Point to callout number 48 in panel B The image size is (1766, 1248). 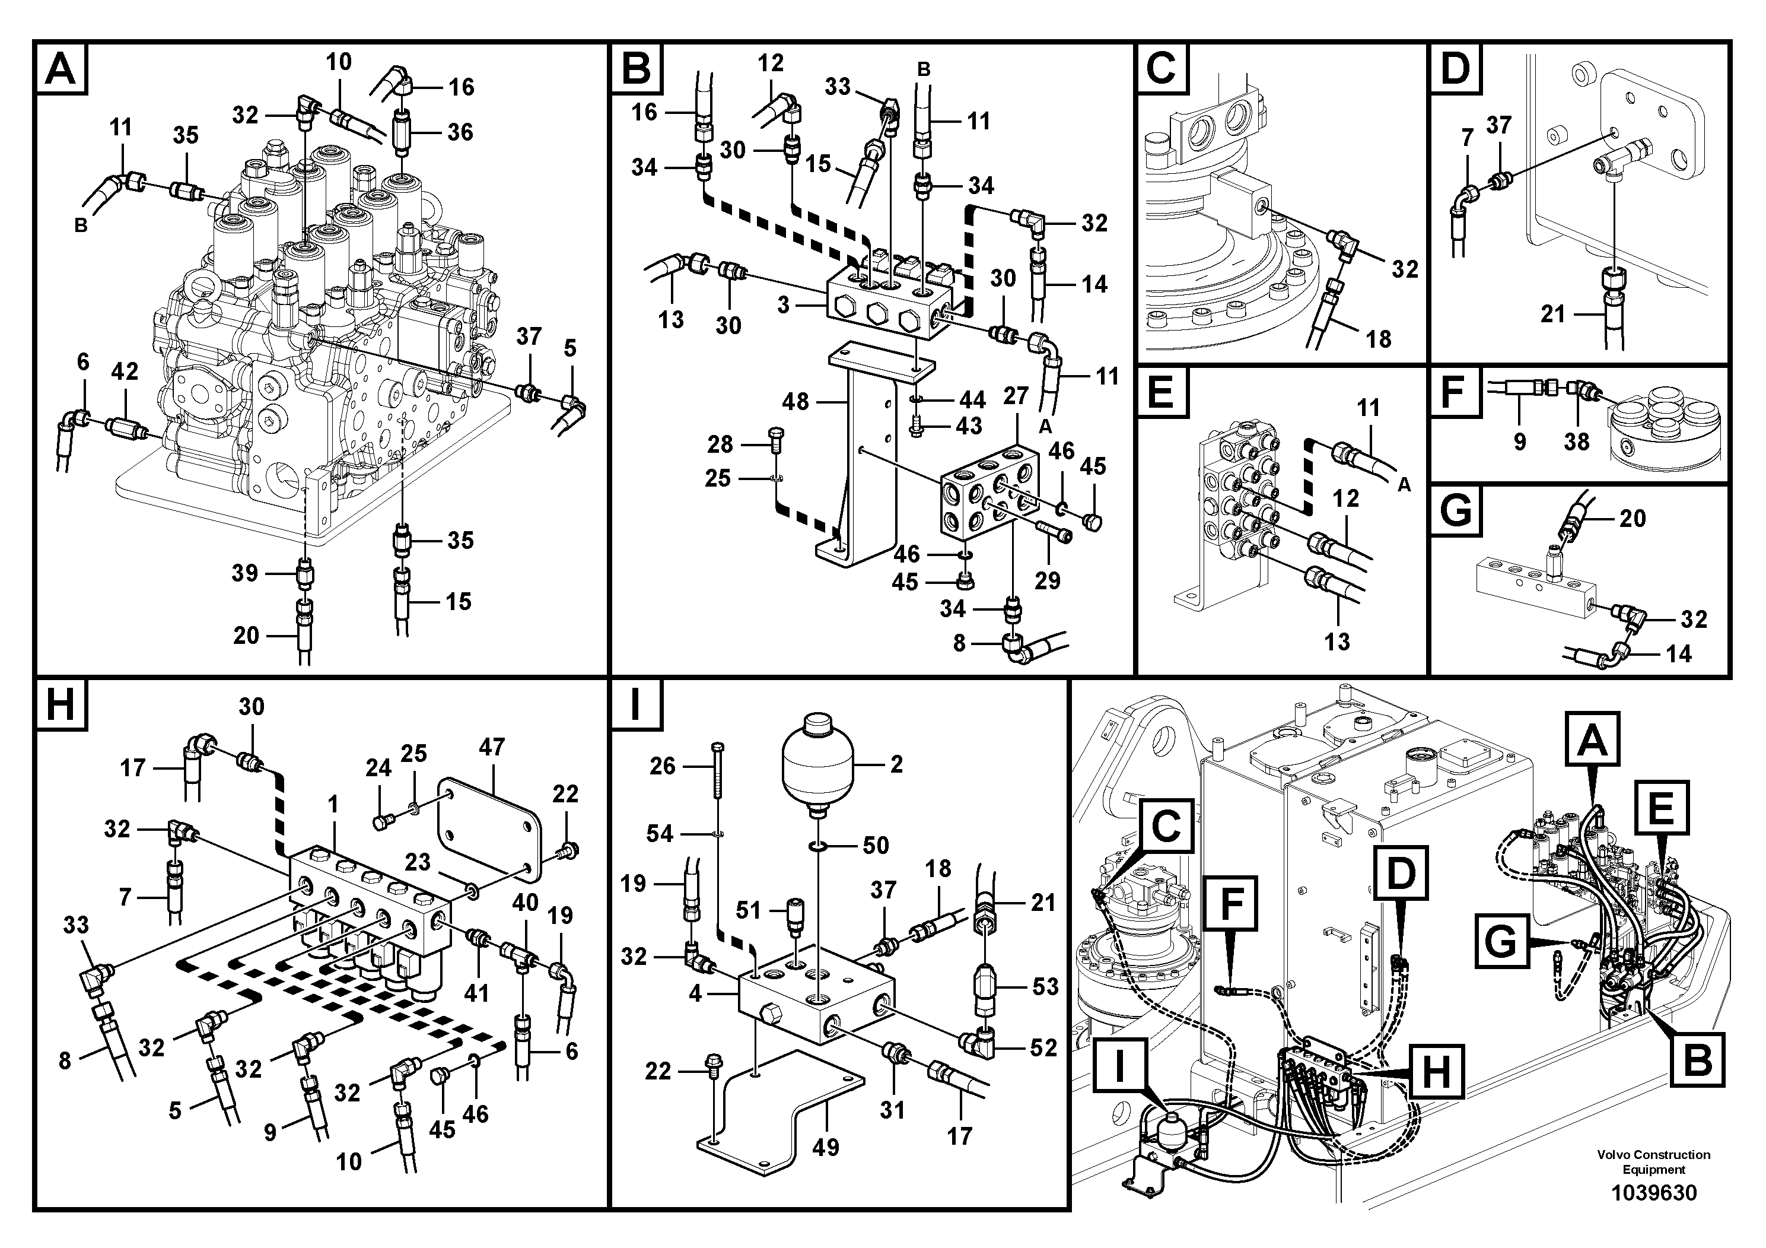click(796, 401)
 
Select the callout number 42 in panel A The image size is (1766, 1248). click(125, 371)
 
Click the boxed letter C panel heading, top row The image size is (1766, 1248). click(1161, 68)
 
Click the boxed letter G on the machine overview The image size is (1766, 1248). click(1501, 942)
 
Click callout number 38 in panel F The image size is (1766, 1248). click(1576, 441)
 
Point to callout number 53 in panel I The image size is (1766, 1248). click(1045, 986)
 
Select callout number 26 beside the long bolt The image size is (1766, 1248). click(662, 766)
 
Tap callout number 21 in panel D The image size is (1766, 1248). click(1553, 314)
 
